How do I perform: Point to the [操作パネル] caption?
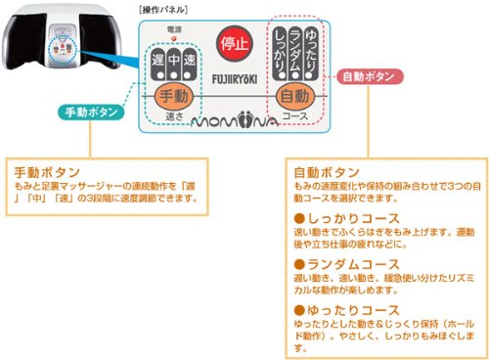click(x=163, y=8)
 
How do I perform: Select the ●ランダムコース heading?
click(x=337, y=263)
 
